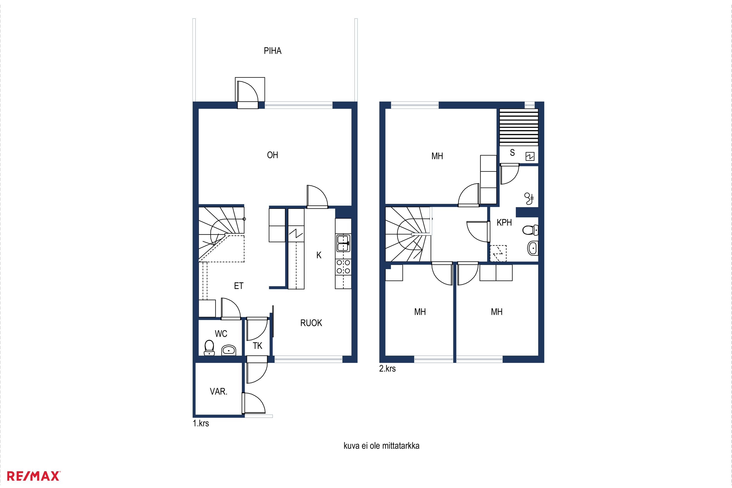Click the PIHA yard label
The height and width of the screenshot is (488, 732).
(273, 51)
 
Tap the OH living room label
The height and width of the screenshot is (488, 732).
(273, 155)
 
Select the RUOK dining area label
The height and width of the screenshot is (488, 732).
(311, 323)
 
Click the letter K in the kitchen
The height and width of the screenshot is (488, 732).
(319, 255)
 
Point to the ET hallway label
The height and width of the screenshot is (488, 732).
(239, 286)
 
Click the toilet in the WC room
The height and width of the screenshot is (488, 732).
(209, 348)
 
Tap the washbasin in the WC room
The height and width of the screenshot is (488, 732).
(229, 350)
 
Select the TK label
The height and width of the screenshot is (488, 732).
(257, 346)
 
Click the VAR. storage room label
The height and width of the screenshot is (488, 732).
(219, 392)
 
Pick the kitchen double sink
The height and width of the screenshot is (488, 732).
(343, 243)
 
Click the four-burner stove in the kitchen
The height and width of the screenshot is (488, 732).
(343, 267)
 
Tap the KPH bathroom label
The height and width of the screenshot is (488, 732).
(504, 223)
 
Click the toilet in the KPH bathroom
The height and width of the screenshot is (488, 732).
(530, 230)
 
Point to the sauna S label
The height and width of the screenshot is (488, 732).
(512, 152)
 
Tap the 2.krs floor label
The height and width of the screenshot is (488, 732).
(387, 368)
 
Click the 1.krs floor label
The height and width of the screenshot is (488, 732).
(201, 423)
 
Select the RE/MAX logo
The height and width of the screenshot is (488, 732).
(33, 476)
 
